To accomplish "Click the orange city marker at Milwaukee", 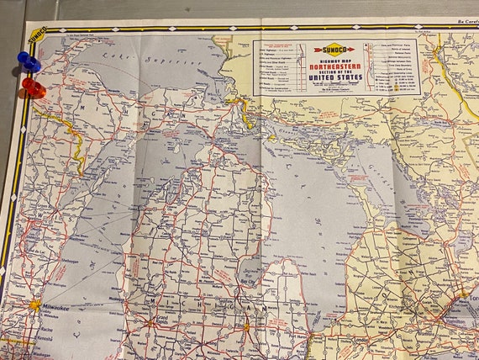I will click(x=34, y=304).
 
